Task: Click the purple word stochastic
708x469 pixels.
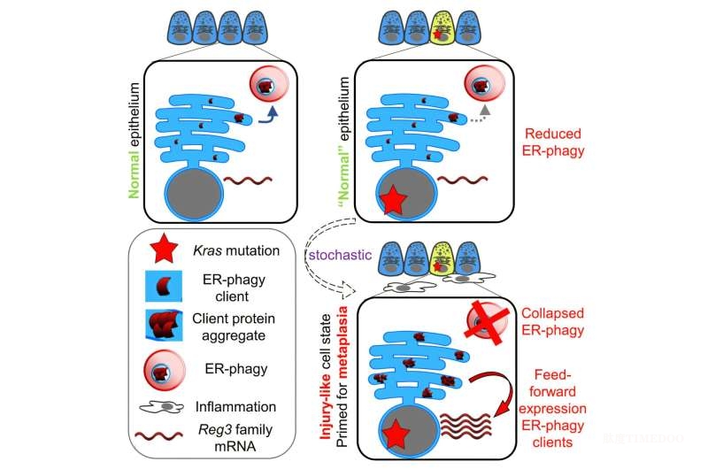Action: [x=340, y=255]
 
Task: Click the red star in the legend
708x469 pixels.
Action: [x=164, y=249]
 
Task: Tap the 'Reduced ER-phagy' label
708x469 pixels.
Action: [x=552, y=142]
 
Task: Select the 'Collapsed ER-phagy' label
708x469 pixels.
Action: [x=552, y=321]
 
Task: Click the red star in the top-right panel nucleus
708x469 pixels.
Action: [x=393, y=199]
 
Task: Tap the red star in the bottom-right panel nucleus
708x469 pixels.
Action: [x=396, y=433]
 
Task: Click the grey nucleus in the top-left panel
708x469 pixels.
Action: [x=194, y=194]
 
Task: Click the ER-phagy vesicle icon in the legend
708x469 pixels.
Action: [x=165, y=371]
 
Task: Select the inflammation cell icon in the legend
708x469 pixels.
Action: [x=161, y=407]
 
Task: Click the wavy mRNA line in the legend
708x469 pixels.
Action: [x=159, y=436]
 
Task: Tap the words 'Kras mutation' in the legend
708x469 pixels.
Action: [x=236, y=250]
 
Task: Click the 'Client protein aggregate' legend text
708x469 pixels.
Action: [x=234, y=327]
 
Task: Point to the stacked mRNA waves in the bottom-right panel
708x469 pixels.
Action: [x=466, y=426]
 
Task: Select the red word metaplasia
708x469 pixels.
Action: [x=342, y=337]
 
